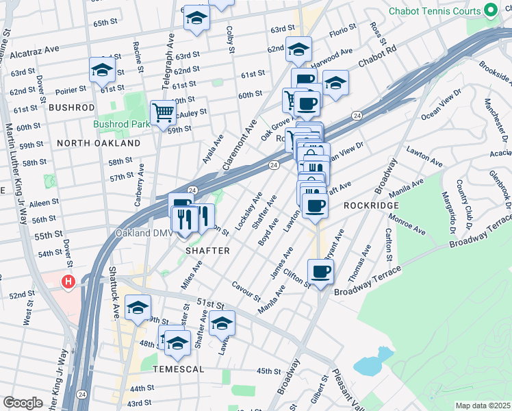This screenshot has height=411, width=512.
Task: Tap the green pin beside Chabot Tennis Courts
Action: tap(490, 11)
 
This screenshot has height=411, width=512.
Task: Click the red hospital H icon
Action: tap(68, 282)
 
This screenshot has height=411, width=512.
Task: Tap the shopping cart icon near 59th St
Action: tap(163, 112)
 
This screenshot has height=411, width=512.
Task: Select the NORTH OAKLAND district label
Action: tap(99, 143)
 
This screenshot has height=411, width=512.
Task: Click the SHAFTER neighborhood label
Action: tap(208, 251)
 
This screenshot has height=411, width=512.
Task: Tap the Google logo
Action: tap(22, 402)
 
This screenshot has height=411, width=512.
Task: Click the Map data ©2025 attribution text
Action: tap(482, 406)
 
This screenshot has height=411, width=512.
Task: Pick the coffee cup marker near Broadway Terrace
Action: tap(320, 271)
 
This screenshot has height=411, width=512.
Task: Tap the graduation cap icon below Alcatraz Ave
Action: tap(102, 69)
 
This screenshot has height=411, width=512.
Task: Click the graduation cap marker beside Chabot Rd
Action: tap(335, 83)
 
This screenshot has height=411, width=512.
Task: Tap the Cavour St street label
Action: tap(246, 291)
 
